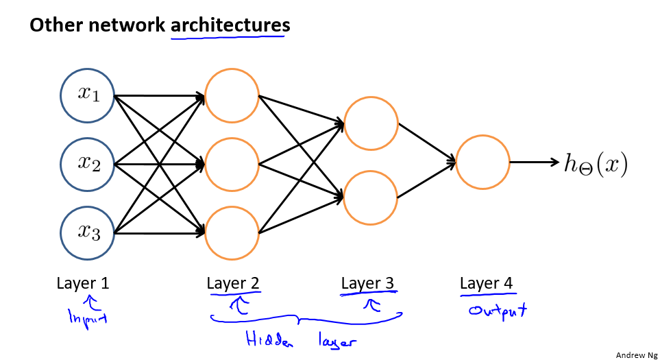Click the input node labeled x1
click(x=87, y=95)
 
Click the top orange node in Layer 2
click(x=232, y=95)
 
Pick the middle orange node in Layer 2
click(x=232, y=165)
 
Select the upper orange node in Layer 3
click(x=371, y=124)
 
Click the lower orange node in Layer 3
click(x=371, y=197)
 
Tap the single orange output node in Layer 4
click(x=482, y=163)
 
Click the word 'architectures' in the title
click(x=230, y=25)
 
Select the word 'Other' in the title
click(x=52, y=25)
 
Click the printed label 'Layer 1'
click(x=83, y=283)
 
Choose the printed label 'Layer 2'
click(x=233, y=283)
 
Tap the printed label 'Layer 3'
click(x=368, y=283)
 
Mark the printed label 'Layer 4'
click(x=486, y=283)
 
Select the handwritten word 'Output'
click(x=498, y=311)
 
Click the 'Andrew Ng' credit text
click(x=635, y=355)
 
